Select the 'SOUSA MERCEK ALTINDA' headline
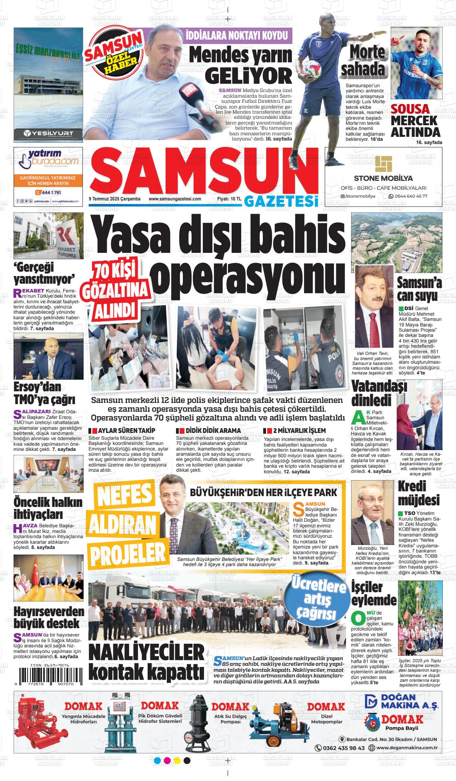(415, 120)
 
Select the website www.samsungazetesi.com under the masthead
(175, 198)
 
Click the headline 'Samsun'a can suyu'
(419, 289)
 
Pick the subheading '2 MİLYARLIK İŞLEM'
(296, 431)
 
